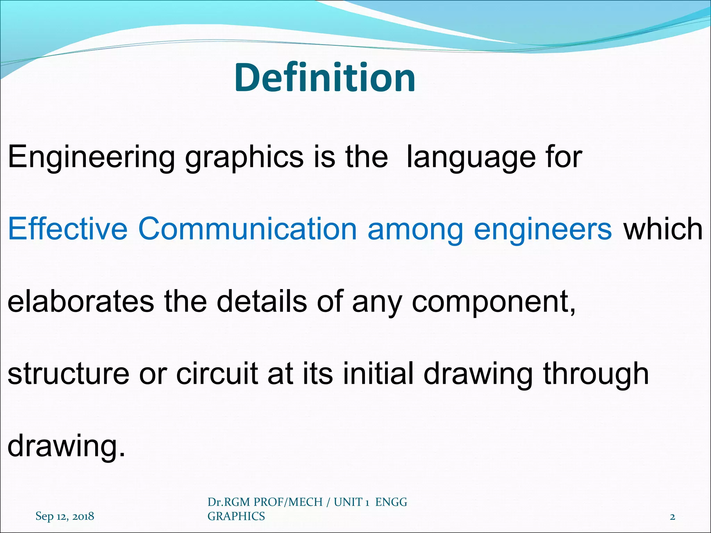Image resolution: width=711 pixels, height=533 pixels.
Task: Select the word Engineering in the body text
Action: tap(91, 157)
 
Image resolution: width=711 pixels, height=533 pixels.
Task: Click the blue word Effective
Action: tap(68, 229)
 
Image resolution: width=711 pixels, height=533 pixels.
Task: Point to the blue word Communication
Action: tap(248, 229)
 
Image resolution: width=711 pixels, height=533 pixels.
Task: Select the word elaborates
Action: tap(81, 301)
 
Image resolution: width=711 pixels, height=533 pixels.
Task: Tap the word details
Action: tap(262, 301)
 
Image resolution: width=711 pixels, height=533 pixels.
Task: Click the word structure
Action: tap(68, 373)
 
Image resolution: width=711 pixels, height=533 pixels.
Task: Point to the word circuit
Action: tap(217, 373)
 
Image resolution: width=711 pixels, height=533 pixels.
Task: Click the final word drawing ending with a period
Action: tap(66, 446)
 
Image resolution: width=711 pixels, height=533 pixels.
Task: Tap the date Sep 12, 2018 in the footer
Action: tap(65, 516)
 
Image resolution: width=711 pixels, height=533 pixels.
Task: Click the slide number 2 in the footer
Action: tap(672, 517)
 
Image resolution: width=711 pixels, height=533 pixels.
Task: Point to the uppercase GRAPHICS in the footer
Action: tap(236, 516)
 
